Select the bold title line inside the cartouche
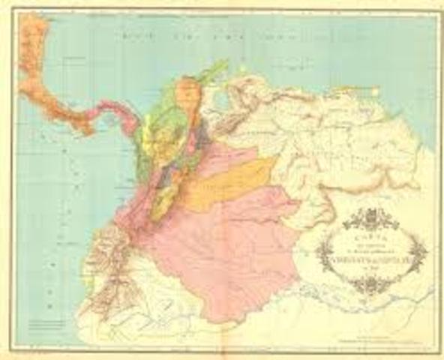click(368, 251)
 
